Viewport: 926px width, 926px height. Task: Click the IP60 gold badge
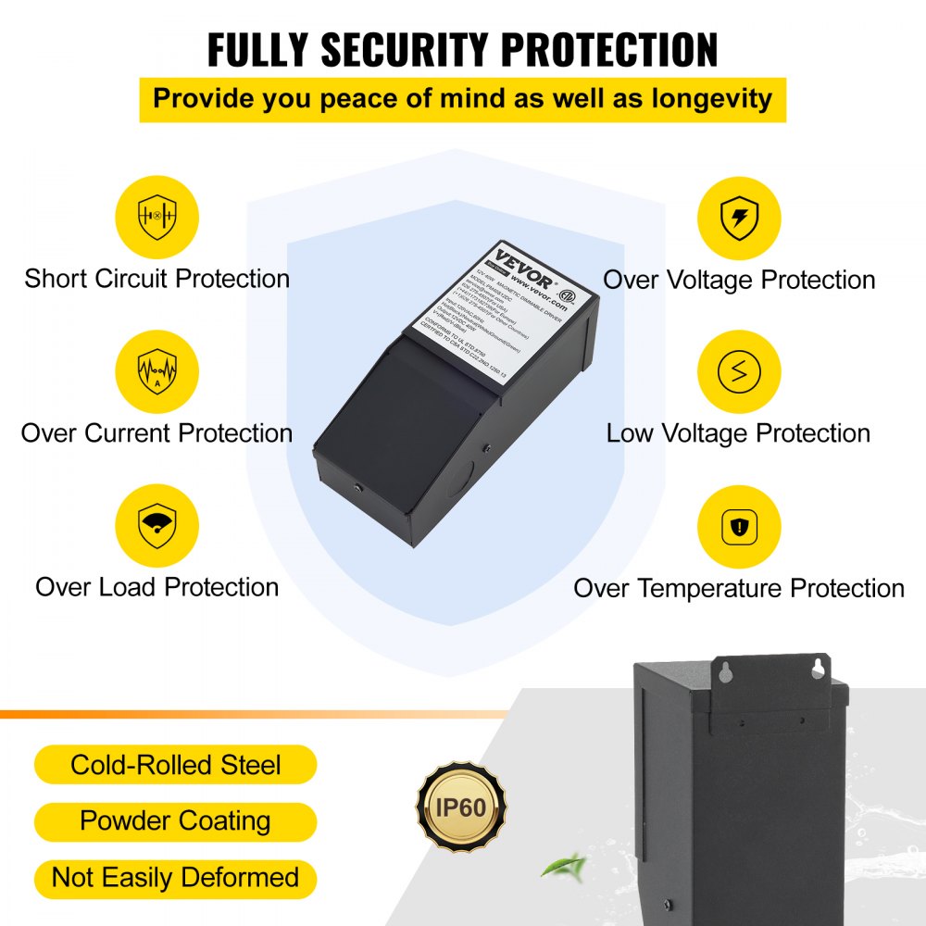(461, 807)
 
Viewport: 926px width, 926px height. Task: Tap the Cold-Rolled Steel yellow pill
(176, 765)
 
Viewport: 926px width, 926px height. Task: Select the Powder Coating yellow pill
(176, 821)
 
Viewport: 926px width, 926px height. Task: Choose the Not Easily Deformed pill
(176, 878)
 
